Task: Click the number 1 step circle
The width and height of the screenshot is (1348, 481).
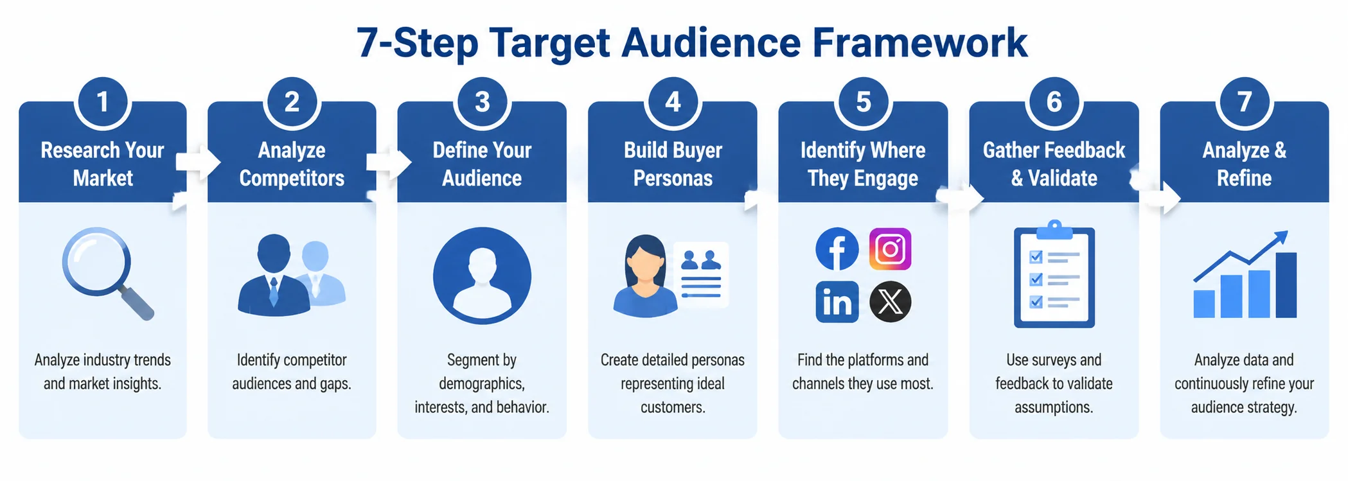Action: (x=103, y=101)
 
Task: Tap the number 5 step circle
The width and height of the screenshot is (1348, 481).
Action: (x=864, y=101)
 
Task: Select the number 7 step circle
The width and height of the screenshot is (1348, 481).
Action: (x=1245, y=101)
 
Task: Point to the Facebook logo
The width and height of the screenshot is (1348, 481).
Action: (x=837, y=249)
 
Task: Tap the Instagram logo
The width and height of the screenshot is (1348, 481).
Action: (x=891, y=249)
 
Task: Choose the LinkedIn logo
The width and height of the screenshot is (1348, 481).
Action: (x=837, y=302)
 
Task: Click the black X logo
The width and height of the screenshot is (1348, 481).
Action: (x=891, y=302)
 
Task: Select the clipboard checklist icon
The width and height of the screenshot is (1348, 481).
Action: (x=1054, y=274)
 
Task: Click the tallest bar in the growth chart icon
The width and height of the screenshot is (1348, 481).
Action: (x=1286, y=285)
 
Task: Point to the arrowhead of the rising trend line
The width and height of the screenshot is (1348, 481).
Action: (x=1282, y=237)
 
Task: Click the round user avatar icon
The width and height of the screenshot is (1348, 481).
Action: (x=482, y=275)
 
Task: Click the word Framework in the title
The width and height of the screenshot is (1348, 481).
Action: (x=919, y=43)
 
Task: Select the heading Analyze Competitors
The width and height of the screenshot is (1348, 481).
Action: (x=292, y=164)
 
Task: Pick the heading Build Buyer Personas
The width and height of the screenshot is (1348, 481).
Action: (x=673, y=164)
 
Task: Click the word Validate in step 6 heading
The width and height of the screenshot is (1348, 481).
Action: (x=1063, y=178)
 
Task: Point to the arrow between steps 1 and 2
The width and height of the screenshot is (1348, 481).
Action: (x=198, y=162)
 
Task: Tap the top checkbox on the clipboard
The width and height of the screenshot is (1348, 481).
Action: (x=1036, y=257)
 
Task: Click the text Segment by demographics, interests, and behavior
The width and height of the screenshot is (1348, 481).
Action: (x=482, y=383)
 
